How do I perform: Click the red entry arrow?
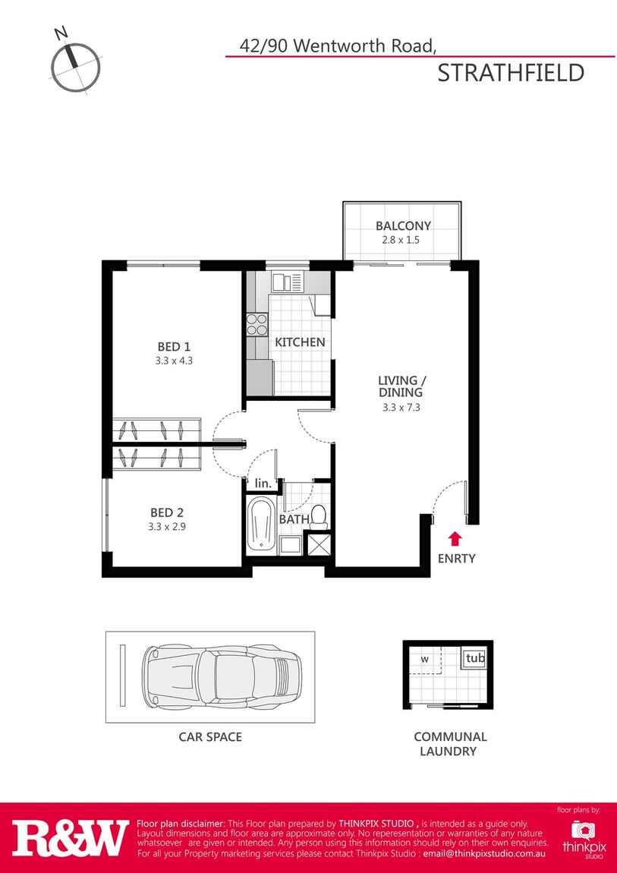(x=455, y=538)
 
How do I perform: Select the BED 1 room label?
(x=174, y=348)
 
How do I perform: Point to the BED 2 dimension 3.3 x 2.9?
(x=167, y=526)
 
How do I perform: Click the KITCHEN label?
(x=300, y=342)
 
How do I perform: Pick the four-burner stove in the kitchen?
(x=257, y=324)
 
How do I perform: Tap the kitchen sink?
(x=288, y=282)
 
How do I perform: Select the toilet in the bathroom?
(x=319, y=517)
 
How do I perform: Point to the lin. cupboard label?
(x=263, y=484)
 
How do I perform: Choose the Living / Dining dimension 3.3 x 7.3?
(x=401, y=407)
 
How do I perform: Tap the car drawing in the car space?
(x=222, y=676)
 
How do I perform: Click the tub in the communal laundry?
(x=474, y=658)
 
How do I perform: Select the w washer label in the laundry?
(x=424, y=659)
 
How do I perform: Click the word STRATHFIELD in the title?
(x=511, y=74)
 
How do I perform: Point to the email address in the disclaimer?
(x=484, y=853)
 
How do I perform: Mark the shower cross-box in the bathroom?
(x=320, y=544)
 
